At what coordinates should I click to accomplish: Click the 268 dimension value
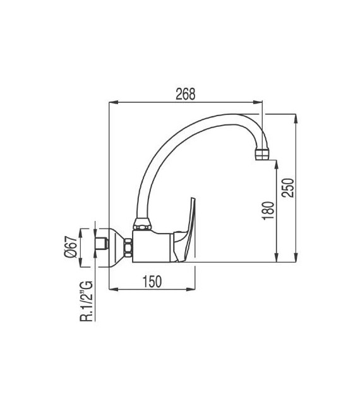[x=186, y=94]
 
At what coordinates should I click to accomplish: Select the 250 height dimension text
[x=287, y=187]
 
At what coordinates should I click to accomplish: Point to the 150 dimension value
[x=152, y=282]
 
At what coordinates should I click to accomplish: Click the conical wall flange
[x=116, y=246]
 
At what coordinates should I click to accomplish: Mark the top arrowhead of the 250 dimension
[x=295, y=116]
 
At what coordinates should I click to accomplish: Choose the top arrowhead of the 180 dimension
[x=275, y=163]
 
